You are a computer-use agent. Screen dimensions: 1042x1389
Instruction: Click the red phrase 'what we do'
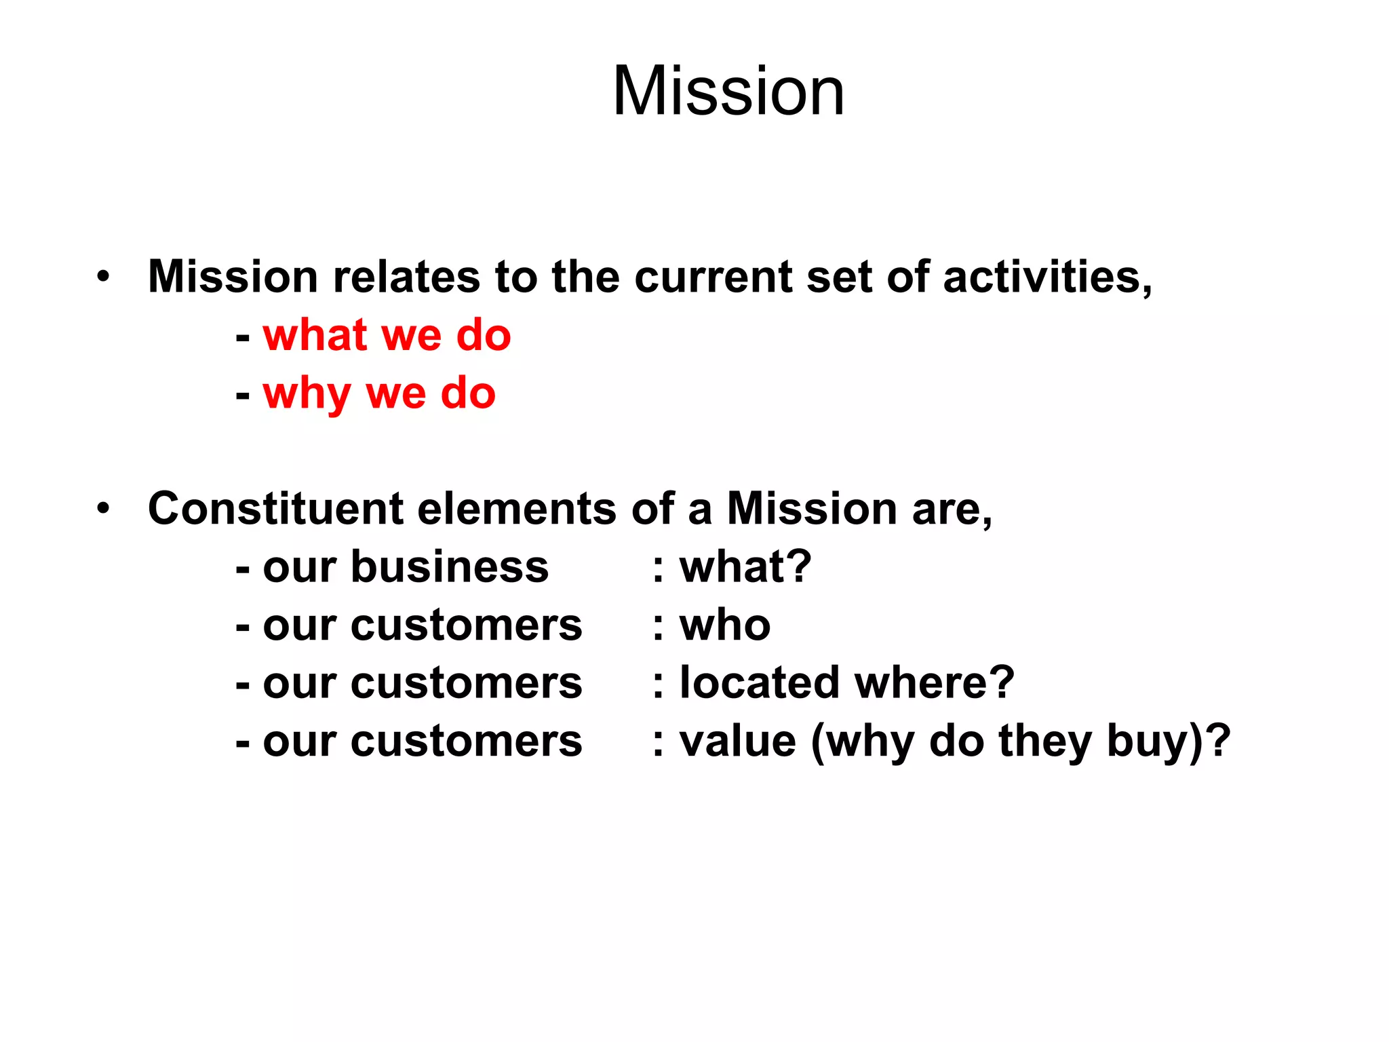pyautogui.click(x=387, y=335)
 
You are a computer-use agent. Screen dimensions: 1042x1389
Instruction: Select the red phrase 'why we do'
pyautogui.click(x=379, y=393)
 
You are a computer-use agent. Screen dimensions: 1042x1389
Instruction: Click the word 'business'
pyautogui.click(x=449, y=567)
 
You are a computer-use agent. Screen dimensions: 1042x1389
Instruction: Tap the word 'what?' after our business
pyautogui.click(x=745, y=567)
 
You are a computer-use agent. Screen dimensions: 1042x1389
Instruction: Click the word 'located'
pyautogui.click(x=760, y=682)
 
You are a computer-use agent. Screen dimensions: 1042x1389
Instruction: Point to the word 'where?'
pyautogui.click(x=935, y=682)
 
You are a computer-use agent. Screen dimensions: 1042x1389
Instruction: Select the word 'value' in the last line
pyautogui.click(x=737, y=741)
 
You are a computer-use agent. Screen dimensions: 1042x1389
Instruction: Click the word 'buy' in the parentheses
pyautogui.click(x=1145, y=742)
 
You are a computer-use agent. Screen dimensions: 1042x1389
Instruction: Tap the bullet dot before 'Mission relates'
pyautogui.click(x=102, y=277)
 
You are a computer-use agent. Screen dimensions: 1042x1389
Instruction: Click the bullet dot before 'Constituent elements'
pyautogui.click(x=102, y=508)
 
